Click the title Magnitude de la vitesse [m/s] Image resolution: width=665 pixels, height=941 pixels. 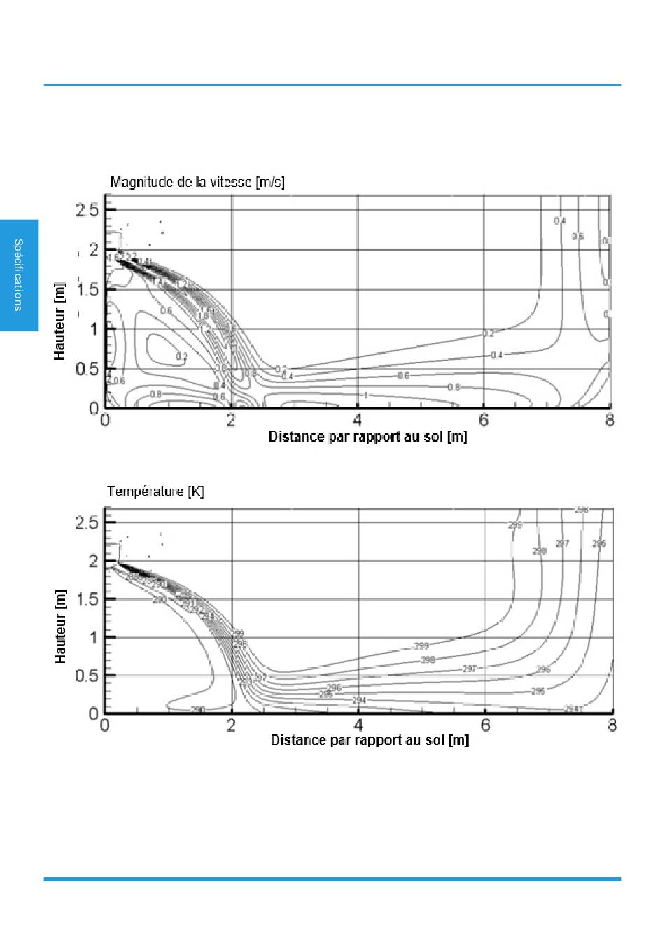pyautogui.click(x=197, y=183)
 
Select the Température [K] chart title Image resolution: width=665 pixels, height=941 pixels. pyautogui.click(x=155, y=492)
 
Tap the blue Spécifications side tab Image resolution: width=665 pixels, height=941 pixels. pyautogui.click(x=19, y=275)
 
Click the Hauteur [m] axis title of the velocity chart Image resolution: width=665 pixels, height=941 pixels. pyautogui.click(x=60, y=322)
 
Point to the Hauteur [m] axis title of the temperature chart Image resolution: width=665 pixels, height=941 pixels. pyautogui.click(x=60, y=626)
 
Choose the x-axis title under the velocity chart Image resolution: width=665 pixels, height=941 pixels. pyautogui.click(x=367, y=438)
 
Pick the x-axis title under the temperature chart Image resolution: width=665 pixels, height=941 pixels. pyautogui.click(x=370, y=741)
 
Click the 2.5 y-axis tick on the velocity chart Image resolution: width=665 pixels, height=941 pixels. pyautogui.click(x=87, y=211)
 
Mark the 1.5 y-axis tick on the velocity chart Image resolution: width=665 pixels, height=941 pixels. pyautogui.click(x=87, y=290)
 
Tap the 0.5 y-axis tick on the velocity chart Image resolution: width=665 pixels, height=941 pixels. pyautogui.click(x=87, y=369)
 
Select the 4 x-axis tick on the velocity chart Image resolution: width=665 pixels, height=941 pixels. pyautogui.click(x=358, y=421)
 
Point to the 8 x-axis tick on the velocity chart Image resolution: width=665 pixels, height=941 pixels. pyautogui.click(x=610, y=421)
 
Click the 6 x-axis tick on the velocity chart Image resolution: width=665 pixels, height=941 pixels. pyautogui.click(x=484, y=421)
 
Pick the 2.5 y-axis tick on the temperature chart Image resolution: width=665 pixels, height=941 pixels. pyautogui.click(x=87, y=522)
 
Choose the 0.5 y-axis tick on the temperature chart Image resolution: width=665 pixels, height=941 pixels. pyautogui.click(x=87, y=676)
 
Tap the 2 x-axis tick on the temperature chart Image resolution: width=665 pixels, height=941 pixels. pyautogui.click(x=232, y=725)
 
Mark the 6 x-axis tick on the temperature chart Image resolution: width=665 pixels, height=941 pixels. pyautogui.click(x=485, y=725)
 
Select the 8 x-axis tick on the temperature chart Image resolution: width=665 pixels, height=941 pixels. pyautogui.click(x=612, y=725)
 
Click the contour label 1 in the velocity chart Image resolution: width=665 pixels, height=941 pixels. pyautogui.click(x=365, y=396)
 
